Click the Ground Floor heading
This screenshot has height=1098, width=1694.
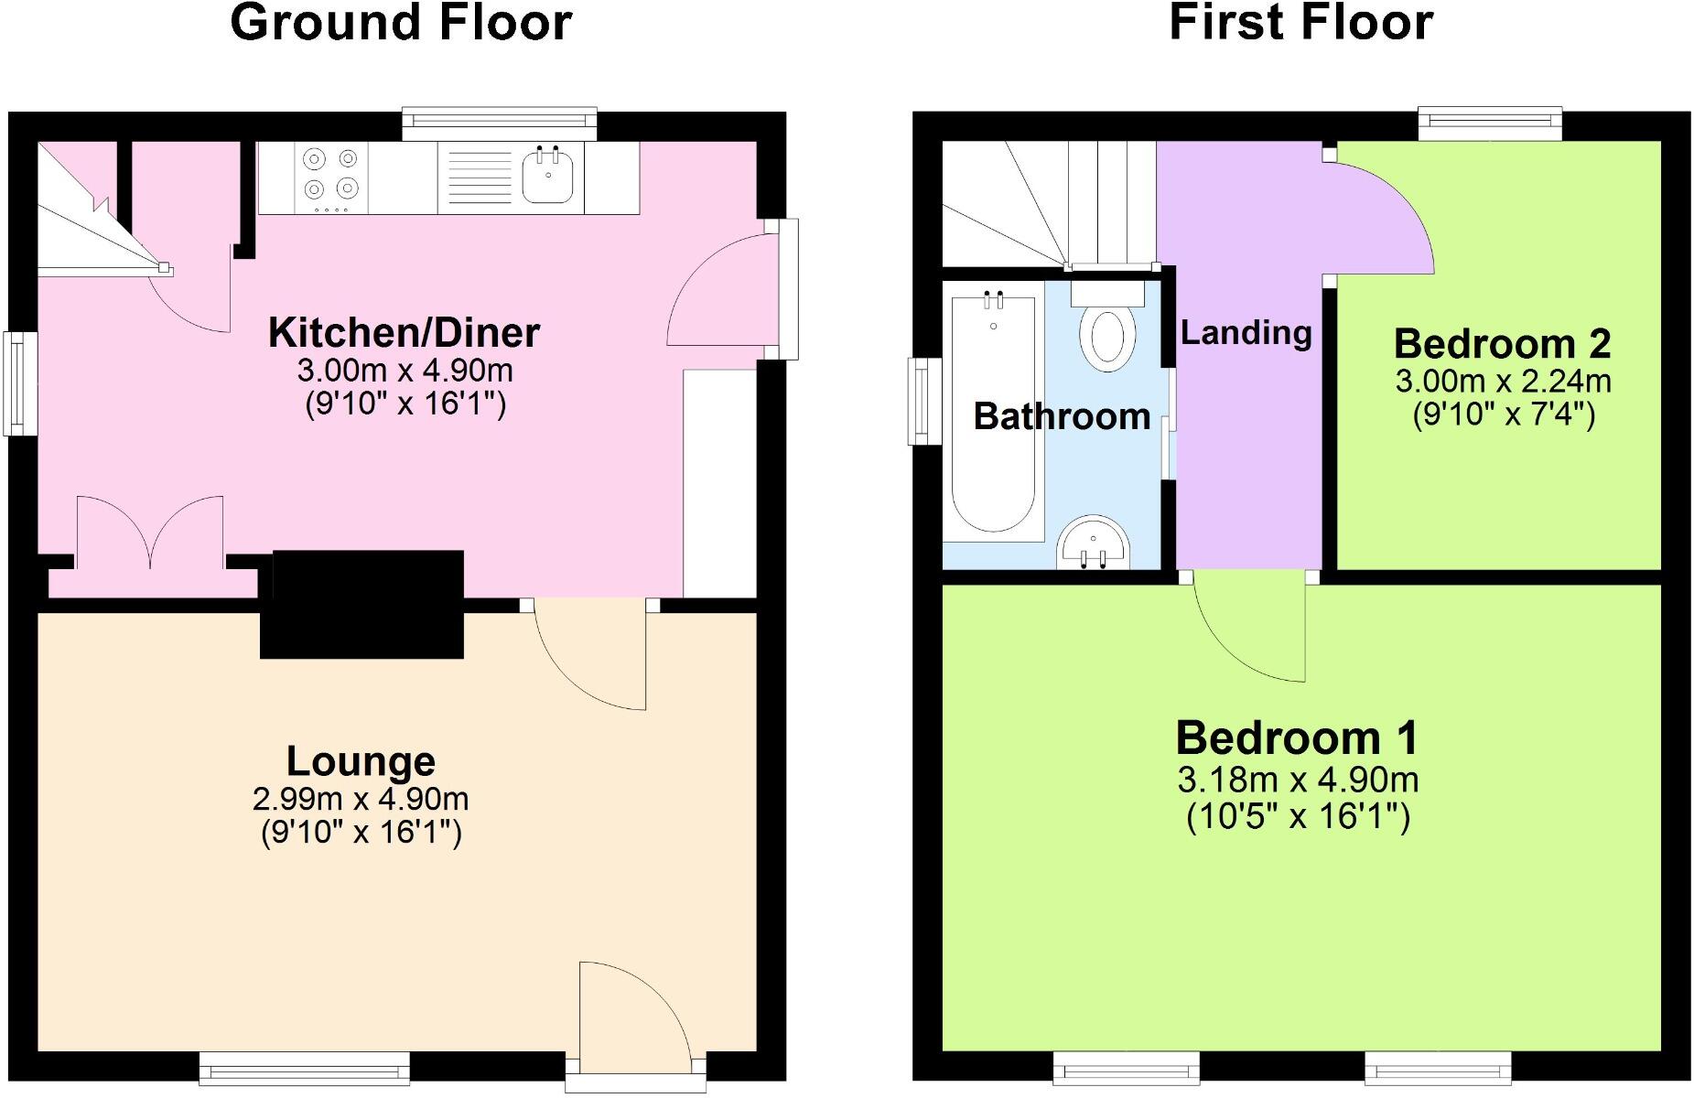401,24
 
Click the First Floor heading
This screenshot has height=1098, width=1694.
1300,24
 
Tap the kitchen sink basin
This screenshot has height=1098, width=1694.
548,176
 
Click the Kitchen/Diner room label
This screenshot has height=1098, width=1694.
404,332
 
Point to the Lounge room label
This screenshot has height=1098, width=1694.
361,761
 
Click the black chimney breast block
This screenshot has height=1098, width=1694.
362,604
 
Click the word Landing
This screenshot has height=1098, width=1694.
1246,332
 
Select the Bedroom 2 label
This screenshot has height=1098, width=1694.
1502,344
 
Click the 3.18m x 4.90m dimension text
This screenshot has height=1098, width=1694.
1298,780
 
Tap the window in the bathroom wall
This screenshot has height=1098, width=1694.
924,402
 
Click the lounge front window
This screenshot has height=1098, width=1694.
305,1067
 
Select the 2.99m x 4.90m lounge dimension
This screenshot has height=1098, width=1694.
361,799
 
